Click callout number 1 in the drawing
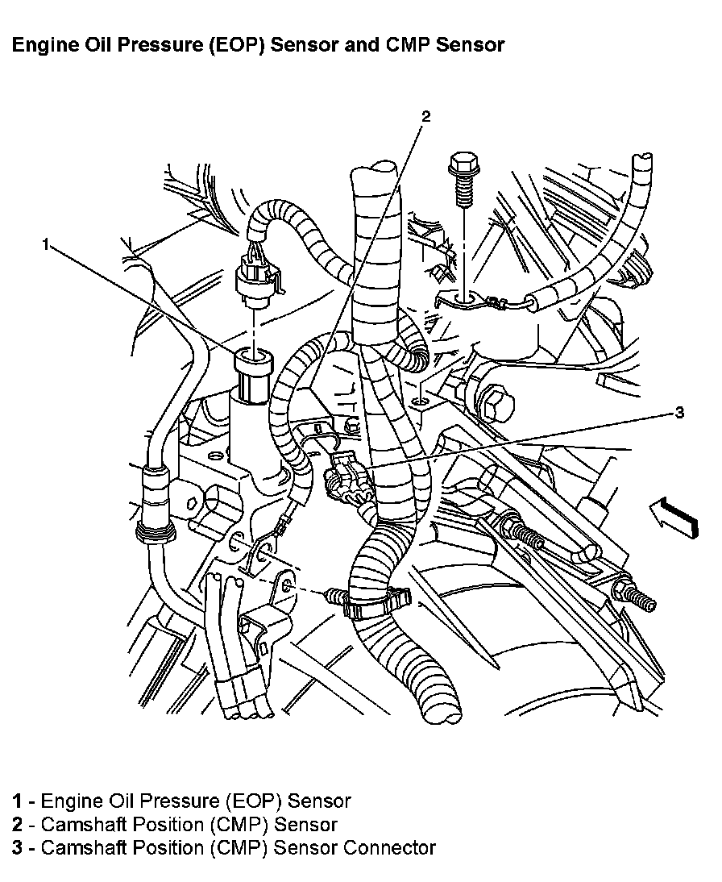[46, 244]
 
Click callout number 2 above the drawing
[425, 116]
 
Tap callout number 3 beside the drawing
[679, 413]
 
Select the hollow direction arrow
[674, 514]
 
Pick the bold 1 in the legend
[17, 801]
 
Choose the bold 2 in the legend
[18, 824]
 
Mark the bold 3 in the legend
[18, 847]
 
